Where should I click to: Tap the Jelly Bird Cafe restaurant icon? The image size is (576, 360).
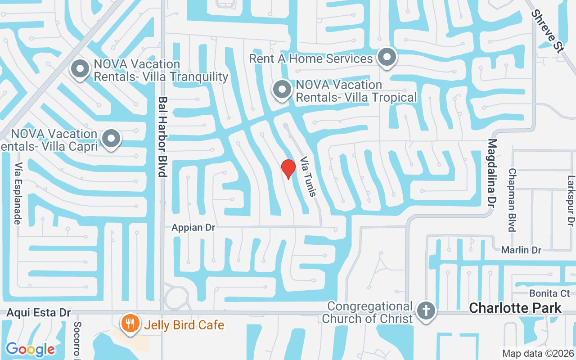pyautogui.click(x=130, y=324)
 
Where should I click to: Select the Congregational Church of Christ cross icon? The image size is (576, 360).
pyautogui.click(x=426, y=311)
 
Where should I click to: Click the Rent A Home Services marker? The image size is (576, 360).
pyautogui.click(x=387, y=58)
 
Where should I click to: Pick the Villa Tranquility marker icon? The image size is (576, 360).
pyautogui.click(x=80, y=70)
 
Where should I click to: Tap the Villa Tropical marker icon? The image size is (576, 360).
pyautogui.click(x=282, y=90)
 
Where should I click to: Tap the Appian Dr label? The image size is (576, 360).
pyautogui.click(x=193, y=228)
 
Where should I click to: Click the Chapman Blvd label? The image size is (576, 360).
pyautogui.click(x=512, y=200)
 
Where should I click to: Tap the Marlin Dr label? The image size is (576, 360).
pyautogui.click(x=522, y=250)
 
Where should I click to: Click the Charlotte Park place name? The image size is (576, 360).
pyautogui.click(x=515, y=308)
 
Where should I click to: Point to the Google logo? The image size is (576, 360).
pyautogui.click(x=30, y=349)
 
